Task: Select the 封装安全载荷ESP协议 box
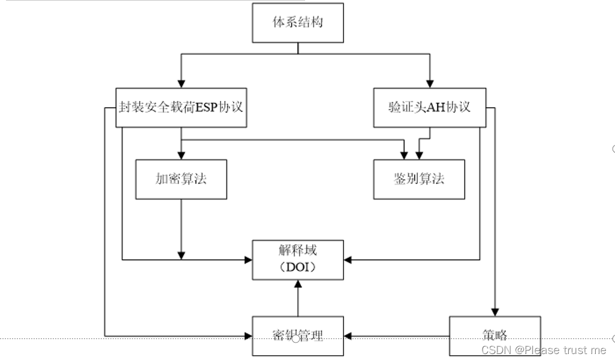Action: (x=181, y=108)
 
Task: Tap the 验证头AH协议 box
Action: (x=429, y=108)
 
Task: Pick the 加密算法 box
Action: (x=181, y=179)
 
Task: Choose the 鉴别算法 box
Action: (x=418, y=179)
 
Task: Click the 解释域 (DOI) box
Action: (x=298, y=259)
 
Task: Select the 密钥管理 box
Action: (x=298, y=335)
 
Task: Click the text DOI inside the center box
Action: (x=297, y=268)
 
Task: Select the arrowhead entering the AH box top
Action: (x=429, y=84)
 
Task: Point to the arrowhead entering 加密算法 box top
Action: (x=182, y=155)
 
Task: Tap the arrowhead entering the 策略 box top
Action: (x=495, y=312)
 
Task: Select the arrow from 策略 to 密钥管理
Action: (x=396, y=335)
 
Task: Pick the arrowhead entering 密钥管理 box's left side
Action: (x=248, y=335)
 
